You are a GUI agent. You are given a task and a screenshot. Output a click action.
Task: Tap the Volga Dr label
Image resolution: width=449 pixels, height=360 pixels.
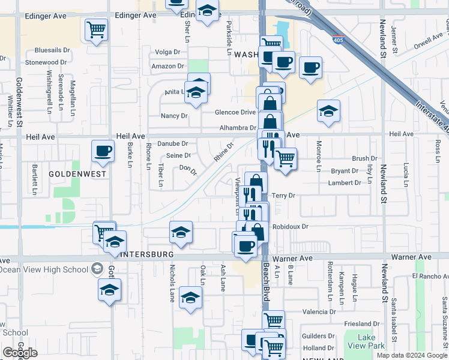[167, 52]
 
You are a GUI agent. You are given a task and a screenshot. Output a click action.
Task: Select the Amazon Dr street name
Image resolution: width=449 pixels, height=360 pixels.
[167, 66]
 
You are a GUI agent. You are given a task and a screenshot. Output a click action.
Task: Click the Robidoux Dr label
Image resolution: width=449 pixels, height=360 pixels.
[290, 227]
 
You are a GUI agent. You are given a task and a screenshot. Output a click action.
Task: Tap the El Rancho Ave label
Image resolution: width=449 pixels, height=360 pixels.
[430, 276]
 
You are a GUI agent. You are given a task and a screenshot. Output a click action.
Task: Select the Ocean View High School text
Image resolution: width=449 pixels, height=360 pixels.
[45, 269]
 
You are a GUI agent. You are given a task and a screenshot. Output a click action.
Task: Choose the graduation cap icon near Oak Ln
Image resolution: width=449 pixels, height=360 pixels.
[190, 297]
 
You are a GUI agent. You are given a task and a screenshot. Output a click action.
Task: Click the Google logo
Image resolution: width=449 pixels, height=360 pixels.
[19, 353]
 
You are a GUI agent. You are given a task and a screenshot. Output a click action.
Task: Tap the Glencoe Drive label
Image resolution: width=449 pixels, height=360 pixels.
[235, 112]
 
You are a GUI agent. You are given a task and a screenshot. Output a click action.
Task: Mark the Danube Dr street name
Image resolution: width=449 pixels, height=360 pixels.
[172, 144]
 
